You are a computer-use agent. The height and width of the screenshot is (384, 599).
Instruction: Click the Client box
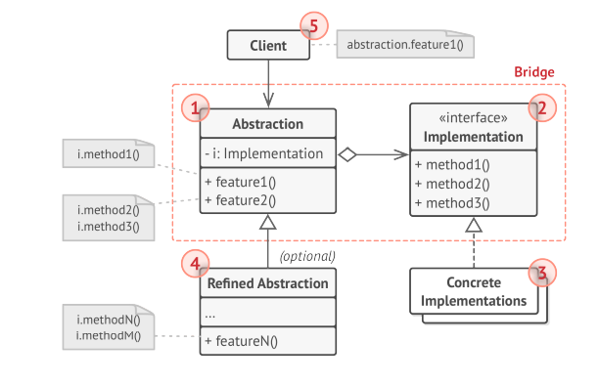pyautogui.click(x=267, y=45)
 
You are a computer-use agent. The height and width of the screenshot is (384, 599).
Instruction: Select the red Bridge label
pyautogui.click(x=533, y=72)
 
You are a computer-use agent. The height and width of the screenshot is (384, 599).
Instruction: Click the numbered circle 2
pyautogui.click(x=542, y=107)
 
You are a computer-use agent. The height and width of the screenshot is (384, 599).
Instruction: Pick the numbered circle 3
pyautogui.click(x=542, y=271)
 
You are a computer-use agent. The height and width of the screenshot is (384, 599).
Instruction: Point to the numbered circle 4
pyautogui.click(x=196, y=264)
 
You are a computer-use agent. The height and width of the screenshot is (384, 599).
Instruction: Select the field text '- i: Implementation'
pyautogui.click(x=264, y=153)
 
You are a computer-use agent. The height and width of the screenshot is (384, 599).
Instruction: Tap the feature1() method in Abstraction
pyautogui.click(x=241, y=183)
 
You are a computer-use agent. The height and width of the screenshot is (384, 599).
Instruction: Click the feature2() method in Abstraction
pyautogui.click(x=241, y=200)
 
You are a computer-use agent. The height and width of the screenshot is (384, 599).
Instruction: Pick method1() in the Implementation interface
pyautogui.click(x=451, y=164)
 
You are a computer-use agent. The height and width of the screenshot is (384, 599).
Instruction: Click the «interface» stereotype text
pyautogui.click(x=474, y=119)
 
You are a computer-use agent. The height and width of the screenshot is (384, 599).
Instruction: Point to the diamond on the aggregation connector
pyautogui.click(x=346, y=153)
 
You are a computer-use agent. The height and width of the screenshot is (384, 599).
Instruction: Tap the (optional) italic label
pyautogui.click(x=307, y=257)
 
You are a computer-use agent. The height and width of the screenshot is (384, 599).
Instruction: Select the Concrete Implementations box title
pyautogui.click(x=474, y=291)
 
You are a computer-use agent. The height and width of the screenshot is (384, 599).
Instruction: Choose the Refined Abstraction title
pyautogui.click(x=267, y=285)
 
